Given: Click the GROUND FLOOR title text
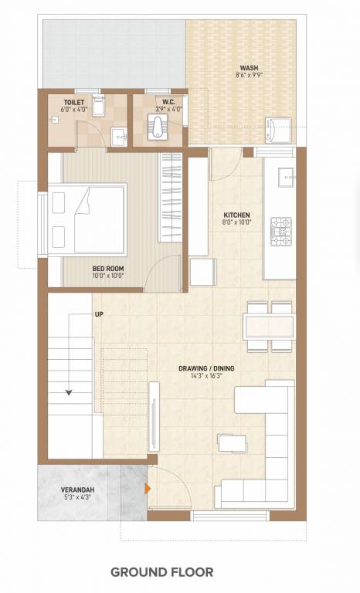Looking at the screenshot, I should point(160,572).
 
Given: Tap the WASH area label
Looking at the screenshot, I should point(249,67).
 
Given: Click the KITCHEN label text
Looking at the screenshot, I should point(236,215).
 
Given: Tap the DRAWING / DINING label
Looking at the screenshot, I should point(205,368).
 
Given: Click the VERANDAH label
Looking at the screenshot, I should point(78,490).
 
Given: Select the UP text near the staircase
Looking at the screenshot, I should point(99,314).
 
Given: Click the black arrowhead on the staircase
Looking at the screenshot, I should point(70,392).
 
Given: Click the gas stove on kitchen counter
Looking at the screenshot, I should point(280,229).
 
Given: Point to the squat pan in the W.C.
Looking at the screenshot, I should point(158,126).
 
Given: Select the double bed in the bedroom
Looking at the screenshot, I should point(87,219).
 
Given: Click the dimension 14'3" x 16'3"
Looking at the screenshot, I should point(205,377).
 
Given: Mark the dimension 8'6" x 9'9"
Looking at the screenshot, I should point(249,76).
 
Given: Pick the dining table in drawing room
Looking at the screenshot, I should point(269,324).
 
